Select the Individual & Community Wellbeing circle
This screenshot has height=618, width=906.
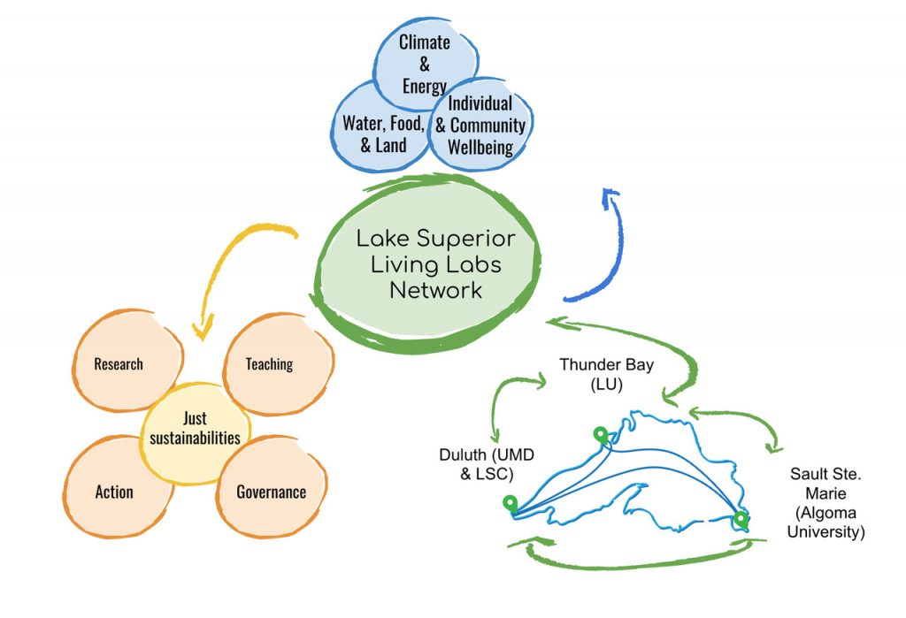[480, 125]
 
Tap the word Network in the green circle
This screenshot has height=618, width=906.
[435, 289]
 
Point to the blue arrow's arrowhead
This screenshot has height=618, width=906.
[610, 196]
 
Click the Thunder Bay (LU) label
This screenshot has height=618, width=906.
[606, 374]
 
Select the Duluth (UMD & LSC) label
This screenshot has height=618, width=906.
[487, 464]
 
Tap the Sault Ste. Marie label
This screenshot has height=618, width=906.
[825, 502]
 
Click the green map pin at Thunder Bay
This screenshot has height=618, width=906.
[601, 435]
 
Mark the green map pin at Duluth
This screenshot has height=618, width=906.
[510, 503]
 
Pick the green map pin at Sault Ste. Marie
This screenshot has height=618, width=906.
[741, 520]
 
